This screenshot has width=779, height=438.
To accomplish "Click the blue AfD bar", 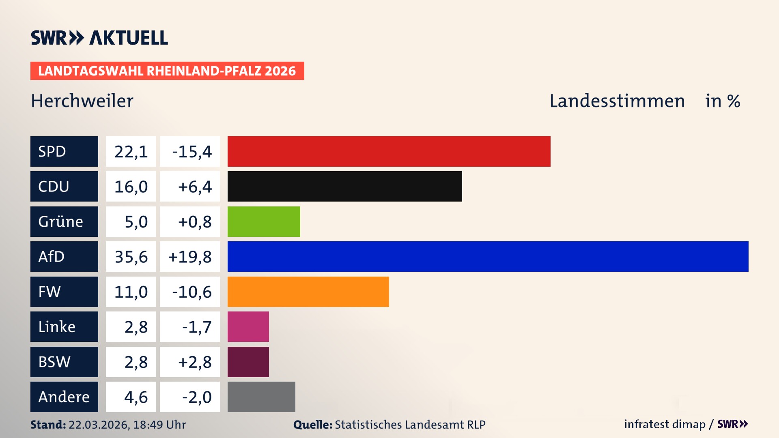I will click(x=488, y=256).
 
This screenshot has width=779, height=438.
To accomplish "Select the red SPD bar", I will click(x=389, y=151).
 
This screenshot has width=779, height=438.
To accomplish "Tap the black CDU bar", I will click(x=344, y=186).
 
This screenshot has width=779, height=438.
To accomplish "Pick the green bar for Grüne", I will click(x=264, y=221).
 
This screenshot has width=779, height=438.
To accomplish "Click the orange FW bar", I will click(x=308, y=292).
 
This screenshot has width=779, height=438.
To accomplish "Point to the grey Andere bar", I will click(x=261, y=397).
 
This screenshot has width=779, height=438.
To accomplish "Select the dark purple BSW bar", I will click(x=248, y=362).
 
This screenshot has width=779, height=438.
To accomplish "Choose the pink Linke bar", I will click(x=248, y=326).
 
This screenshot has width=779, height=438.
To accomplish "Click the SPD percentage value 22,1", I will click(x=131, y=152).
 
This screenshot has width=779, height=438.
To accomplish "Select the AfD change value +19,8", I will click(x=190, y=257).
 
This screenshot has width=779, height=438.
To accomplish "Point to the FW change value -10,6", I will click(x=192, y=292).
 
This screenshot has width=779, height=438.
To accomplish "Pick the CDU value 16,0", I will click(x=131, y=187).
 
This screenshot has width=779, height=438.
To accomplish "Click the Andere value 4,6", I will click(x=136, y=397).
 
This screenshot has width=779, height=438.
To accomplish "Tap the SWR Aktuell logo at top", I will click(x=99, y=38).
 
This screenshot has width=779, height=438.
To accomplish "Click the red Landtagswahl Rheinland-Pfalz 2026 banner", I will click(x=167, y=71).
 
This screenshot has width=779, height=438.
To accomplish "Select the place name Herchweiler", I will click(x=82, y=101).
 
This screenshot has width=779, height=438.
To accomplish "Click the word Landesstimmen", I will click(x=617, y=101).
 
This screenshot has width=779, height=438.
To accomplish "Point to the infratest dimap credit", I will click(x=665, y=424).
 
